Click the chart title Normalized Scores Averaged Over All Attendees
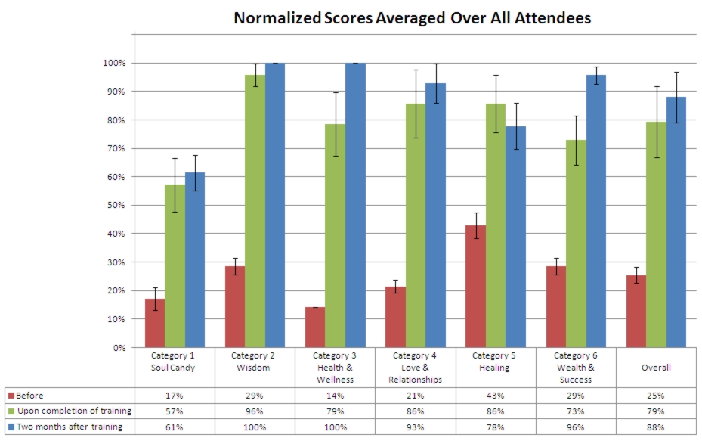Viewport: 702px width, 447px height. pyautogui.click(x=412, y=18)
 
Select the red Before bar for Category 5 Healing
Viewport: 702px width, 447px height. pyautogui.click(x=475, y=287)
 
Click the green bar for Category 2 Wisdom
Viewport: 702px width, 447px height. pyautogui.click(x=255, y=211)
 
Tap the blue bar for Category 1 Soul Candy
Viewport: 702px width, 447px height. pyautogui.click(x=195, y=260)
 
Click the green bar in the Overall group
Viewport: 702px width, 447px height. pyautogui.click(x=656, y=234)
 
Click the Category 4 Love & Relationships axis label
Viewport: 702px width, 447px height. pyautogui.click(x=416, y=368)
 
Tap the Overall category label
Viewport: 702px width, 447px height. pyautogui.click(x=656, y=368)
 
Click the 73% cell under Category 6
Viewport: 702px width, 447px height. pyautogui.click(x=576, y=411)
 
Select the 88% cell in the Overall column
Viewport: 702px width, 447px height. pyautogui.click(x=656, y=427)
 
